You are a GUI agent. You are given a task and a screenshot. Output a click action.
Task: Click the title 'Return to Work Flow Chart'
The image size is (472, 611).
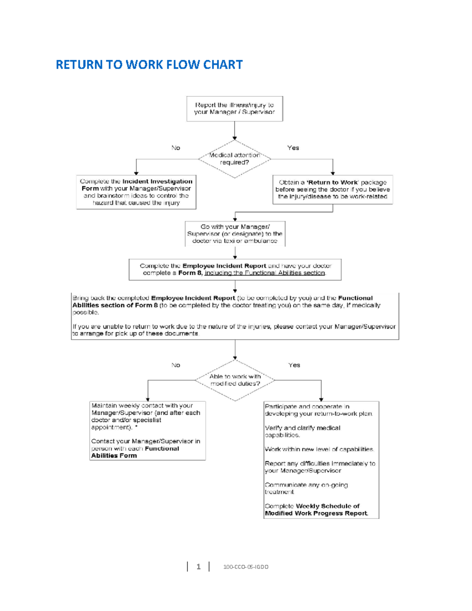[x=149, y=65]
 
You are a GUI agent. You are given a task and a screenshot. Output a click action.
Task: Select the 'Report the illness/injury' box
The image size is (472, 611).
[x=234, y=109]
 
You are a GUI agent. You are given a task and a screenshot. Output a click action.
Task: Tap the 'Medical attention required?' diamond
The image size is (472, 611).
[x=234, y=159]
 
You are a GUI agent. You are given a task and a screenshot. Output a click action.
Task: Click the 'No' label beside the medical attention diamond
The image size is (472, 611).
[x=175, y=148]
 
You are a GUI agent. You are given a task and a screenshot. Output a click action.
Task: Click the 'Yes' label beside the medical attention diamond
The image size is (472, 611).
[x=293, y=148]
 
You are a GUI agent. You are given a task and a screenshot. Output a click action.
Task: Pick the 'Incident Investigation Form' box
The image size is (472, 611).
[x=136, y=192]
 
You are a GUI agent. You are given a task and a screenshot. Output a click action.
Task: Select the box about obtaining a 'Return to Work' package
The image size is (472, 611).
[x=332, y=190]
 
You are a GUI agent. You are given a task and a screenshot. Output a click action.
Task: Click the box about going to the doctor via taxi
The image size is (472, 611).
[x=235, y=234]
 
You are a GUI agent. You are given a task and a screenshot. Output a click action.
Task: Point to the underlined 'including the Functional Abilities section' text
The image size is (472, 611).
[x=265, y=273]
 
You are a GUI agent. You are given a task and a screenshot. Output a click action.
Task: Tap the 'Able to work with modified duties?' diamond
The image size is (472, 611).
[x=235, y=380]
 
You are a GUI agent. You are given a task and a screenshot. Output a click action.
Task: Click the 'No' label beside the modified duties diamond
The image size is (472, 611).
[x=175, y=365]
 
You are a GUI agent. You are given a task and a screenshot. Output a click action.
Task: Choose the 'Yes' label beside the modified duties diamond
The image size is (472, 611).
[x=294, y=365]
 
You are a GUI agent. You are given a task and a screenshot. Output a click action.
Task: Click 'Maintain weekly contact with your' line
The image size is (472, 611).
[x=142, y=406]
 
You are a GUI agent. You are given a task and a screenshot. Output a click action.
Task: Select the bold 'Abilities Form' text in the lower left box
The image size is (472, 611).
[x=114, y=456]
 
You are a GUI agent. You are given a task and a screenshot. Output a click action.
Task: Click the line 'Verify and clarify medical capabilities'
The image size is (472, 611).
[x=302, y=431]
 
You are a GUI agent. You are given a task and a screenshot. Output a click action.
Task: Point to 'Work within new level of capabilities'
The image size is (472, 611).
[x=319, y=449]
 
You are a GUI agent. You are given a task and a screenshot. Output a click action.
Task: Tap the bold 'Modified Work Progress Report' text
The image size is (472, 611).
[x=316, y=513]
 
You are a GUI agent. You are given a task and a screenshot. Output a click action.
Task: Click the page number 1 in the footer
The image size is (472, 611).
[x=198, y=567]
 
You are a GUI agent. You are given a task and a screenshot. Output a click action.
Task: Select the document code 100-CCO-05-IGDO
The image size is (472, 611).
[x=246, y=567]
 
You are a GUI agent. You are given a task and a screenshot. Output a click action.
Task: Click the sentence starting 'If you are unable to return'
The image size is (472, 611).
[x=234, y=330]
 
